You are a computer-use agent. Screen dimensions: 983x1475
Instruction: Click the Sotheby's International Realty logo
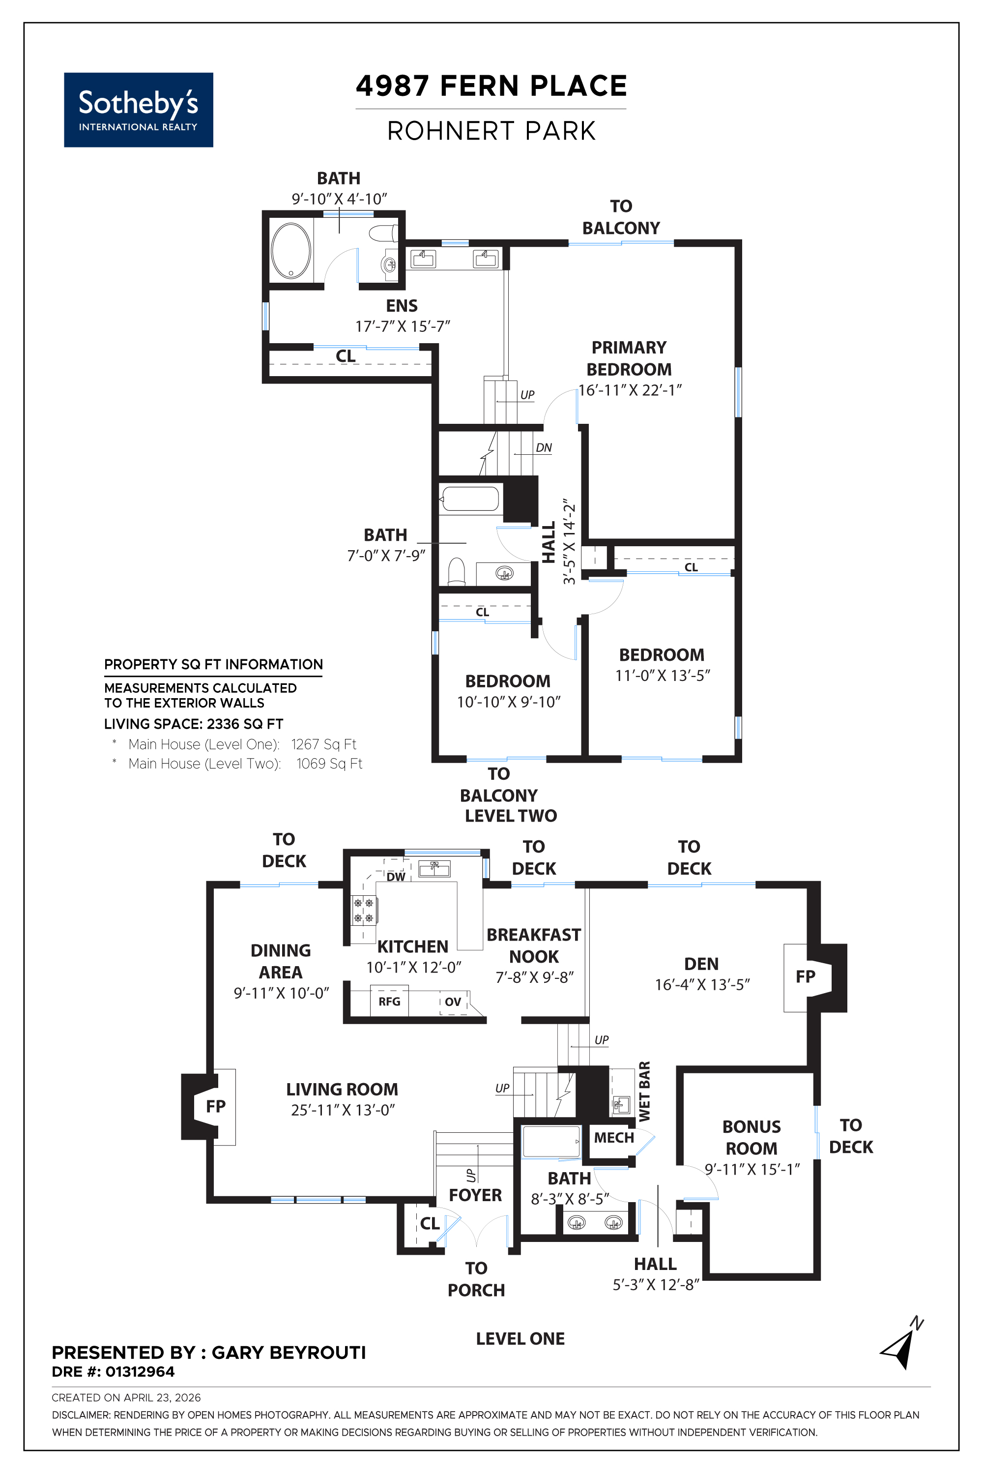click(x=139, y=110)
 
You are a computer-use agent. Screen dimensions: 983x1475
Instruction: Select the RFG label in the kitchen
click(x=389, y=1002)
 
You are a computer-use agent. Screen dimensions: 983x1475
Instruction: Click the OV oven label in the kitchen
click(x=453, y=1002)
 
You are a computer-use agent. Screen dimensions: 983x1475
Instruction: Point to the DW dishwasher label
click(x=396, y=877)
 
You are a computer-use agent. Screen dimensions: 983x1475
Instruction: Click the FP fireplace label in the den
click(x=806, y=976)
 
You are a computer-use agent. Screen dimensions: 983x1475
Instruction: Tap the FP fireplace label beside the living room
click(x=216, y=1106)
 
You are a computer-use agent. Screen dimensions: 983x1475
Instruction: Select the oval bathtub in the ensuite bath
click(x=291, y=250)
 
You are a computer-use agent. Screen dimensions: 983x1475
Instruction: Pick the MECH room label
click(x=614, y=1138)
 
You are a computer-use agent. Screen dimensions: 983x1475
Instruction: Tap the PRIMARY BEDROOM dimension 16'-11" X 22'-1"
click(x=630, y=390)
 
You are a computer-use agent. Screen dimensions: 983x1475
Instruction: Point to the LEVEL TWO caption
click(x=511, y=815)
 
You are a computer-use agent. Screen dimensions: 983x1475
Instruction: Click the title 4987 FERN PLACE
click(x=491, y=86)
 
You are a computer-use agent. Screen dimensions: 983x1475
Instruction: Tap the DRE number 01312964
click(x=140, y=1372)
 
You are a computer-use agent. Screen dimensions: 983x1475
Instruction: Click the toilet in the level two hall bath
click(x=457, y=571)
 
